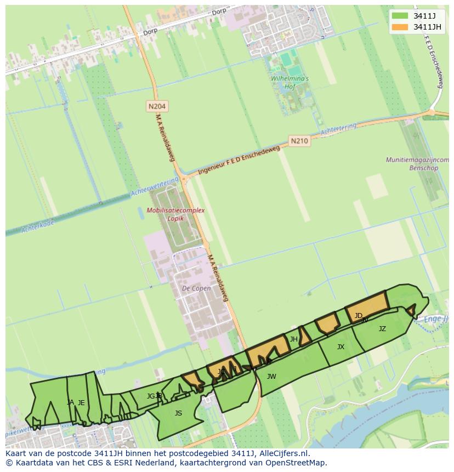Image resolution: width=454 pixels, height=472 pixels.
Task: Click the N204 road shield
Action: coord(157,106)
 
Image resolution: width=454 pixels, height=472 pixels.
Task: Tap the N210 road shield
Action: coord(299,141)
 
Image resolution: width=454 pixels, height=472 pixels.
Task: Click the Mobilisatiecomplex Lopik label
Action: coord(175,214)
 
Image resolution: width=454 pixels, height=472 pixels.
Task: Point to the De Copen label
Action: coord(196,288)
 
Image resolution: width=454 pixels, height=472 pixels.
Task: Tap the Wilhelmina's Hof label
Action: coord(290,82)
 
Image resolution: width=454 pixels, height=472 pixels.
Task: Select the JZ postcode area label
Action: coord(382,329)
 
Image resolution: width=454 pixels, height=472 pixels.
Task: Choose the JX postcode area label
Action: coord(340,347)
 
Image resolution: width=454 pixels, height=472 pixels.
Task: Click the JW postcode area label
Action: coord(271,377)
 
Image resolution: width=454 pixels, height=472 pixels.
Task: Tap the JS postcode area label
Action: coord(178,413)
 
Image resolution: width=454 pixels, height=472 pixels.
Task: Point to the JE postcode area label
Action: coord(81,403)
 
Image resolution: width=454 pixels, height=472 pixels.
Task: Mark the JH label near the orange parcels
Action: coord(293,339)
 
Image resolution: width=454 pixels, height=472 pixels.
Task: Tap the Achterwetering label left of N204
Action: coord(155,187)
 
